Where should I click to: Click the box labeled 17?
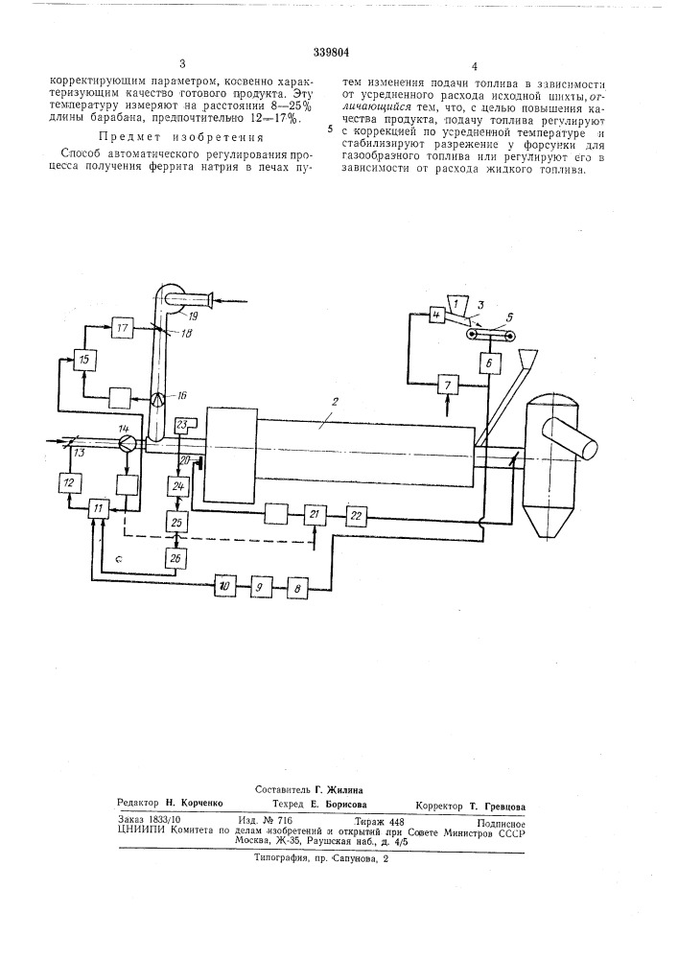123,328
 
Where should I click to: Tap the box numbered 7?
448,386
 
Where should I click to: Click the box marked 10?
224,587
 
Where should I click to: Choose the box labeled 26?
178,557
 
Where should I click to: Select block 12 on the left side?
68,483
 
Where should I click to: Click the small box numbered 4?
436,316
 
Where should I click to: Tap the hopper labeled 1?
456,302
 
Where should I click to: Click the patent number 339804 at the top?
331,53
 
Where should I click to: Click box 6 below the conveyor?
489,363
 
